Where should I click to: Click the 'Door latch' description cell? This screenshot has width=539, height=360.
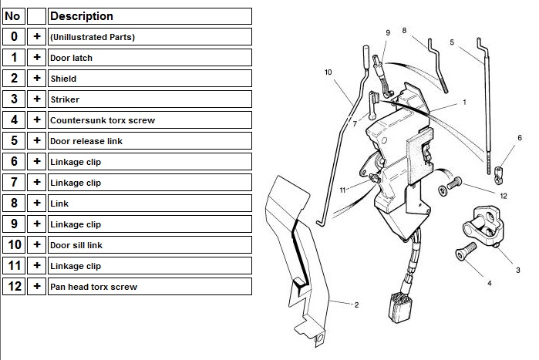point(150,58)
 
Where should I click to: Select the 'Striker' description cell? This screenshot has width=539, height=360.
point(150,99)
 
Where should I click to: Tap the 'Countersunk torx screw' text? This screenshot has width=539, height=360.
point(103,120)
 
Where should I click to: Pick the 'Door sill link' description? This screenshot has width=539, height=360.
point(150,245)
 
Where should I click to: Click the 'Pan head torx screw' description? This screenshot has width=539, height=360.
point(150,287)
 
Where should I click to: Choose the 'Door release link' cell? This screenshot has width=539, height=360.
point(150,141)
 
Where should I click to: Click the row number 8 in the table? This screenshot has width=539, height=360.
point(14,203)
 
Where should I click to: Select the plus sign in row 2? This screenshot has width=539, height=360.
point(37,79)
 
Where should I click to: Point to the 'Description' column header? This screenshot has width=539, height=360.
point(150,16)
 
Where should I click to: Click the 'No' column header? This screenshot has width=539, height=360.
point(14,16)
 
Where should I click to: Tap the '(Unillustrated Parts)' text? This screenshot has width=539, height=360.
point(93,37)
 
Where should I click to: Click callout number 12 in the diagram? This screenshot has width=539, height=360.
point(504,196)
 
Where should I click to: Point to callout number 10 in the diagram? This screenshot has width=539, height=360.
point(328,72)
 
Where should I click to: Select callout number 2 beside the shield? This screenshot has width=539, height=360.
point(356,304)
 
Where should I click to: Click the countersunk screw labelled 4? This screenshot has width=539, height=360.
point(466,251)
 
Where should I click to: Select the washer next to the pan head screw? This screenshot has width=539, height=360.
point(443,190)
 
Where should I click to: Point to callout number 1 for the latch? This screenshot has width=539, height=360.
point(464,102)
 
